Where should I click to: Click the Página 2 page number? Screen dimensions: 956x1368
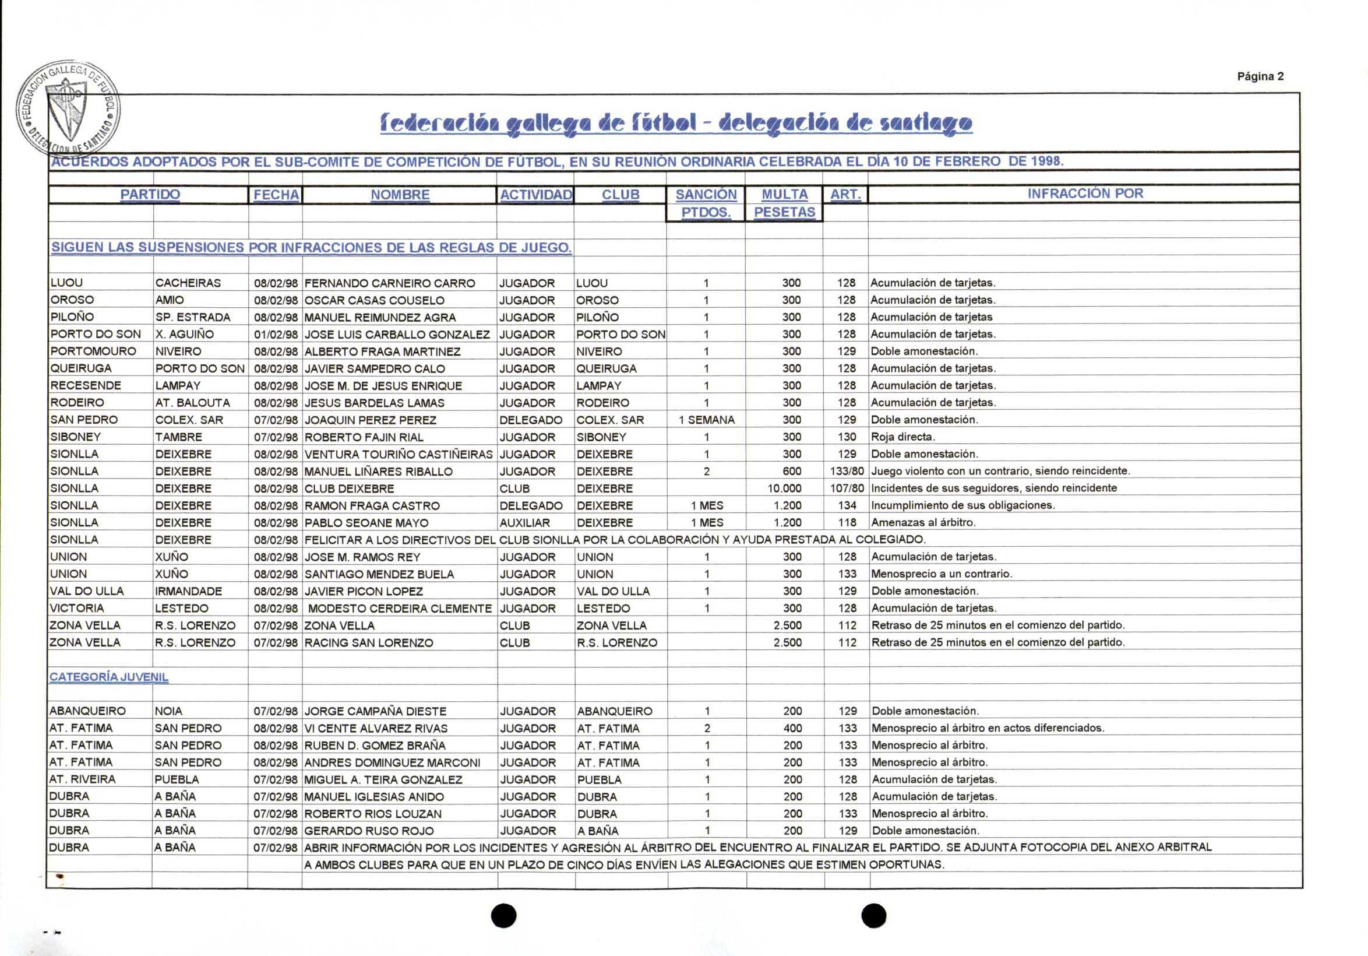[1260, 76]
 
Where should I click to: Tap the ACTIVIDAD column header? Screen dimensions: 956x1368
[535, 194]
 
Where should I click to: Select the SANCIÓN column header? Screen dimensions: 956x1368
[706, 194]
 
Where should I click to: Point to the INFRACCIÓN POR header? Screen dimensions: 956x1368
[1085, 193]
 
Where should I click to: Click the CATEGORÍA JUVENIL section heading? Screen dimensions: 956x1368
[109, 677]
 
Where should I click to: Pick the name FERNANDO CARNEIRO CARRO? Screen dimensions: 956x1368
[390, 283]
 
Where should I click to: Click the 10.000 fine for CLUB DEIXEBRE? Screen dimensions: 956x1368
[784, 488]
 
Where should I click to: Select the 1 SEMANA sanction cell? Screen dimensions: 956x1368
[707, 420]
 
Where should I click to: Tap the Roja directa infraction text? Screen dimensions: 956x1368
[902, 437]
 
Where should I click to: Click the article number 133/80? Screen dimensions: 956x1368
[847, 471]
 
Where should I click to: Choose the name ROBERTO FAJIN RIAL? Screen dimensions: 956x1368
[364, 437]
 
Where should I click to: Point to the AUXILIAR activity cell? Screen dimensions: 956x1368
[525, 523]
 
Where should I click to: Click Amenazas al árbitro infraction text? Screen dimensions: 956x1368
[923, 523]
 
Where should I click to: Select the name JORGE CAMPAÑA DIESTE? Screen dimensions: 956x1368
[375, 711]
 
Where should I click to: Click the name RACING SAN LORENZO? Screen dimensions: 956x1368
[369, 642]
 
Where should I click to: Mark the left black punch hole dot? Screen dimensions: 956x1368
[503, 915]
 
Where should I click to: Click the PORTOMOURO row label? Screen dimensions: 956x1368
[94, 351]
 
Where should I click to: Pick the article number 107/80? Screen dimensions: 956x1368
[847, 488]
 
